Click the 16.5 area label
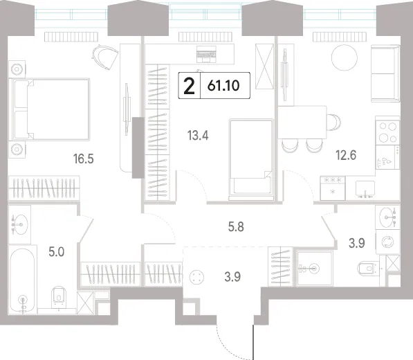84,159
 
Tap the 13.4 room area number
198,136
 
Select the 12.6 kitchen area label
346,155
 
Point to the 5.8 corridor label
236,226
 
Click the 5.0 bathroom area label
56,252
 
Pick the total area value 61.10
223,86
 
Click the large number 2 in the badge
189,86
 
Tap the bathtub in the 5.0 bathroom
22,280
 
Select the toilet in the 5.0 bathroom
59,297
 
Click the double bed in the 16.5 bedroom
49,109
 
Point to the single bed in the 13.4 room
251,159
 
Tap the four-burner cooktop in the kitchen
387,132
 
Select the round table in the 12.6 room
345,57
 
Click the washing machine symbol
387,242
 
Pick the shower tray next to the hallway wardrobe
315,269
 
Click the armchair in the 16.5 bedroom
104,56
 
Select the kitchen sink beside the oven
365,189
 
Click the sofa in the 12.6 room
385,73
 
